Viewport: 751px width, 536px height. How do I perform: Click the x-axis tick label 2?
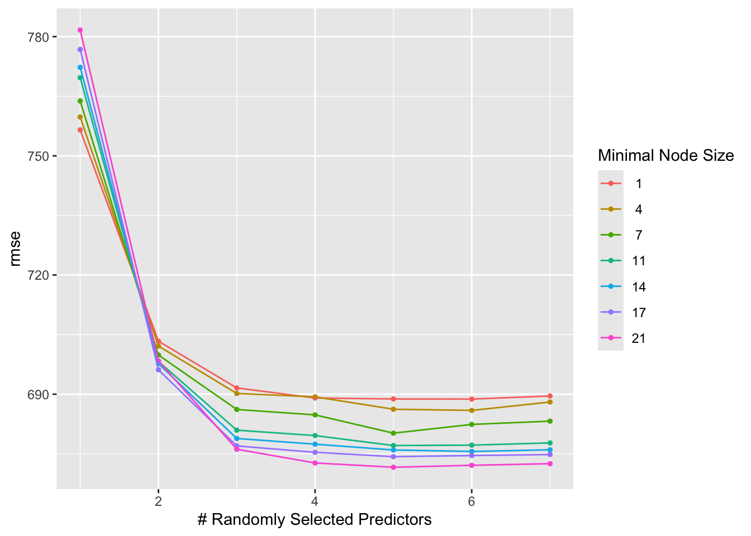[158, 501]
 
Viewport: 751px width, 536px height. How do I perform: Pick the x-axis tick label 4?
[315, 501]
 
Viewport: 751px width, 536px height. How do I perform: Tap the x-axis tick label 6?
[472, 501]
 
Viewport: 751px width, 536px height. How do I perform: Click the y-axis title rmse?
[16, 248]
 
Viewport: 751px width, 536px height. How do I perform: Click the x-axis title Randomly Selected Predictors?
[315, 520]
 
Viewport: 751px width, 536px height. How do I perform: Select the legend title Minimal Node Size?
[666, 155]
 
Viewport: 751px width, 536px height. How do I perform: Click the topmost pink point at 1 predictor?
[80, 30]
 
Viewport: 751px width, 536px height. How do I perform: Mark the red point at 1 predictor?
[80, 130]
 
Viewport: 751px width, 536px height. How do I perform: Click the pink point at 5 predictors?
[393, 467]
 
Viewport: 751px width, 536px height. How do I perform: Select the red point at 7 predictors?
[550, 396]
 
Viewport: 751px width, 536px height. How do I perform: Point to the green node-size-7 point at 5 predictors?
[393, 433]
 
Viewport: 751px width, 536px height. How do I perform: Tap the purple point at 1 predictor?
[80, 50]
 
